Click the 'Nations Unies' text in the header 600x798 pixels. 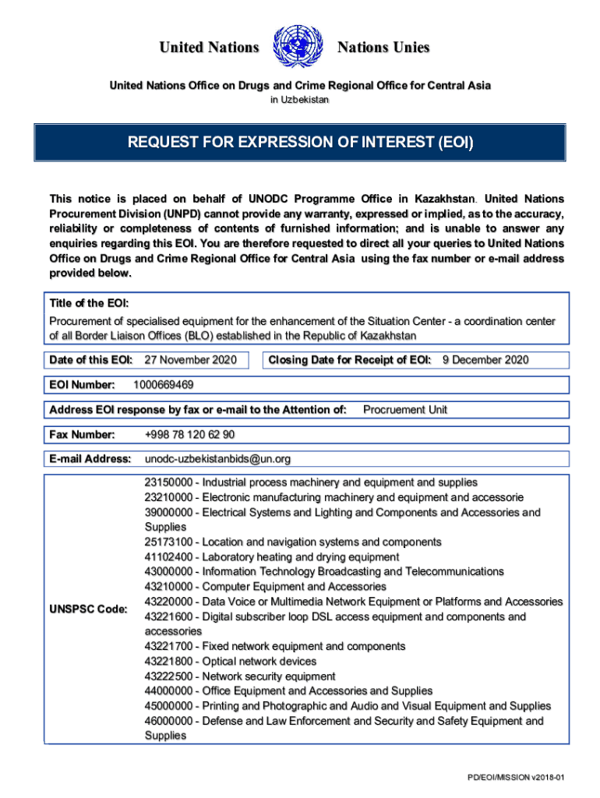coord(383,48)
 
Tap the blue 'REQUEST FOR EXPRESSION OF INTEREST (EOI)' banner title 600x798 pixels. coord(300,143)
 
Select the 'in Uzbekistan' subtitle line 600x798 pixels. coord(300,100)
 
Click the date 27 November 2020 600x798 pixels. coord(191,359)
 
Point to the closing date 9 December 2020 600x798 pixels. coord(485,359)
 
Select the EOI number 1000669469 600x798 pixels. coord(164,385)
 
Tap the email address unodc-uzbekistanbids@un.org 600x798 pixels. coord(217,459)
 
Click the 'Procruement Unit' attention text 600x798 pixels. coord(405,409)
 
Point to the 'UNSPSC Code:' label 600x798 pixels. coord(88,609)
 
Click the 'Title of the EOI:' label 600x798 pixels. coord(89,303)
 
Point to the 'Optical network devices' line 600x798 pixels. coord(259,662)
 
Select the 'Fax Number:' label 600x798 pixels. coord(83,434)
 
